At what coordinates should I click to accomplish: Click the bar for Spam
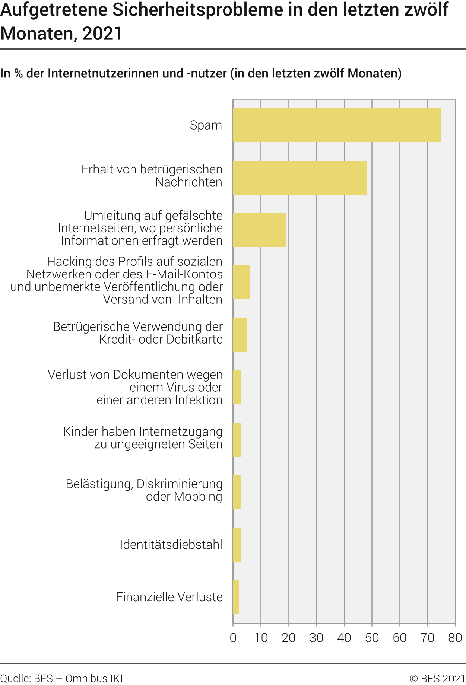tap(337, 125)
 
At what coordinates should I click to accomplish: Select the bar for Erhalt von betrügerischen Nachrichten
tap(299, 178)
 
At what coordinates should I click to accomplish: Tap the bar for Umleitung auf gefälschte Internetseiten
tap(259, 230)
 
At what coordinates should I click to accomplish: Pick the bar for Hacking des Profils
tap(241, 282)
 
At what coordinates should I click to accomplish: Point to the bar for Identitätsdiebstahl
tap(237, 544)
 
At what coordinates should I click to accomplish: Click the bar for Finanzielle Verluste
tap(236, 597)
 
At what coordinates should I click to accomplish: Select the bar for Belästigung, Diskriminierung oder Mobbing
tap(237, 492)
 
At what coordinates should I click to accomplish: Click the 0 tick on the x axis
tap(233, 638)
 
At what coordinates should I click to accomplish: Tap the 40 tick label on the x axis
tap(344, 638)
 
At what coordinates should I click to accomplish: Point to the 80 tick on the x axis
tap(455, 638)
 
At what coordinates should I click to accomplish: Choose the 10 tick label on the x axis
tap(261, 638)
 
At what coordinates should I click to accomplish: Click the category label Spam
tap(206, 125)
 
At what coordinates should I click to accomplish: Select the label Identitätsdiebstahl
tap(171, 545)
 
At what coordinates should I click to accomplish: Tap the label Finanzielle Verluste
tap(169, 597)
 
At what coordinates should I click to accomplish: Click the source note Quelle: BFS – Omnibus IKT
tap(62, 678)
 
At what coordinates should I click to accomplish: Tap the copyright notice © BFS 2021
tap(437, 678)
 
